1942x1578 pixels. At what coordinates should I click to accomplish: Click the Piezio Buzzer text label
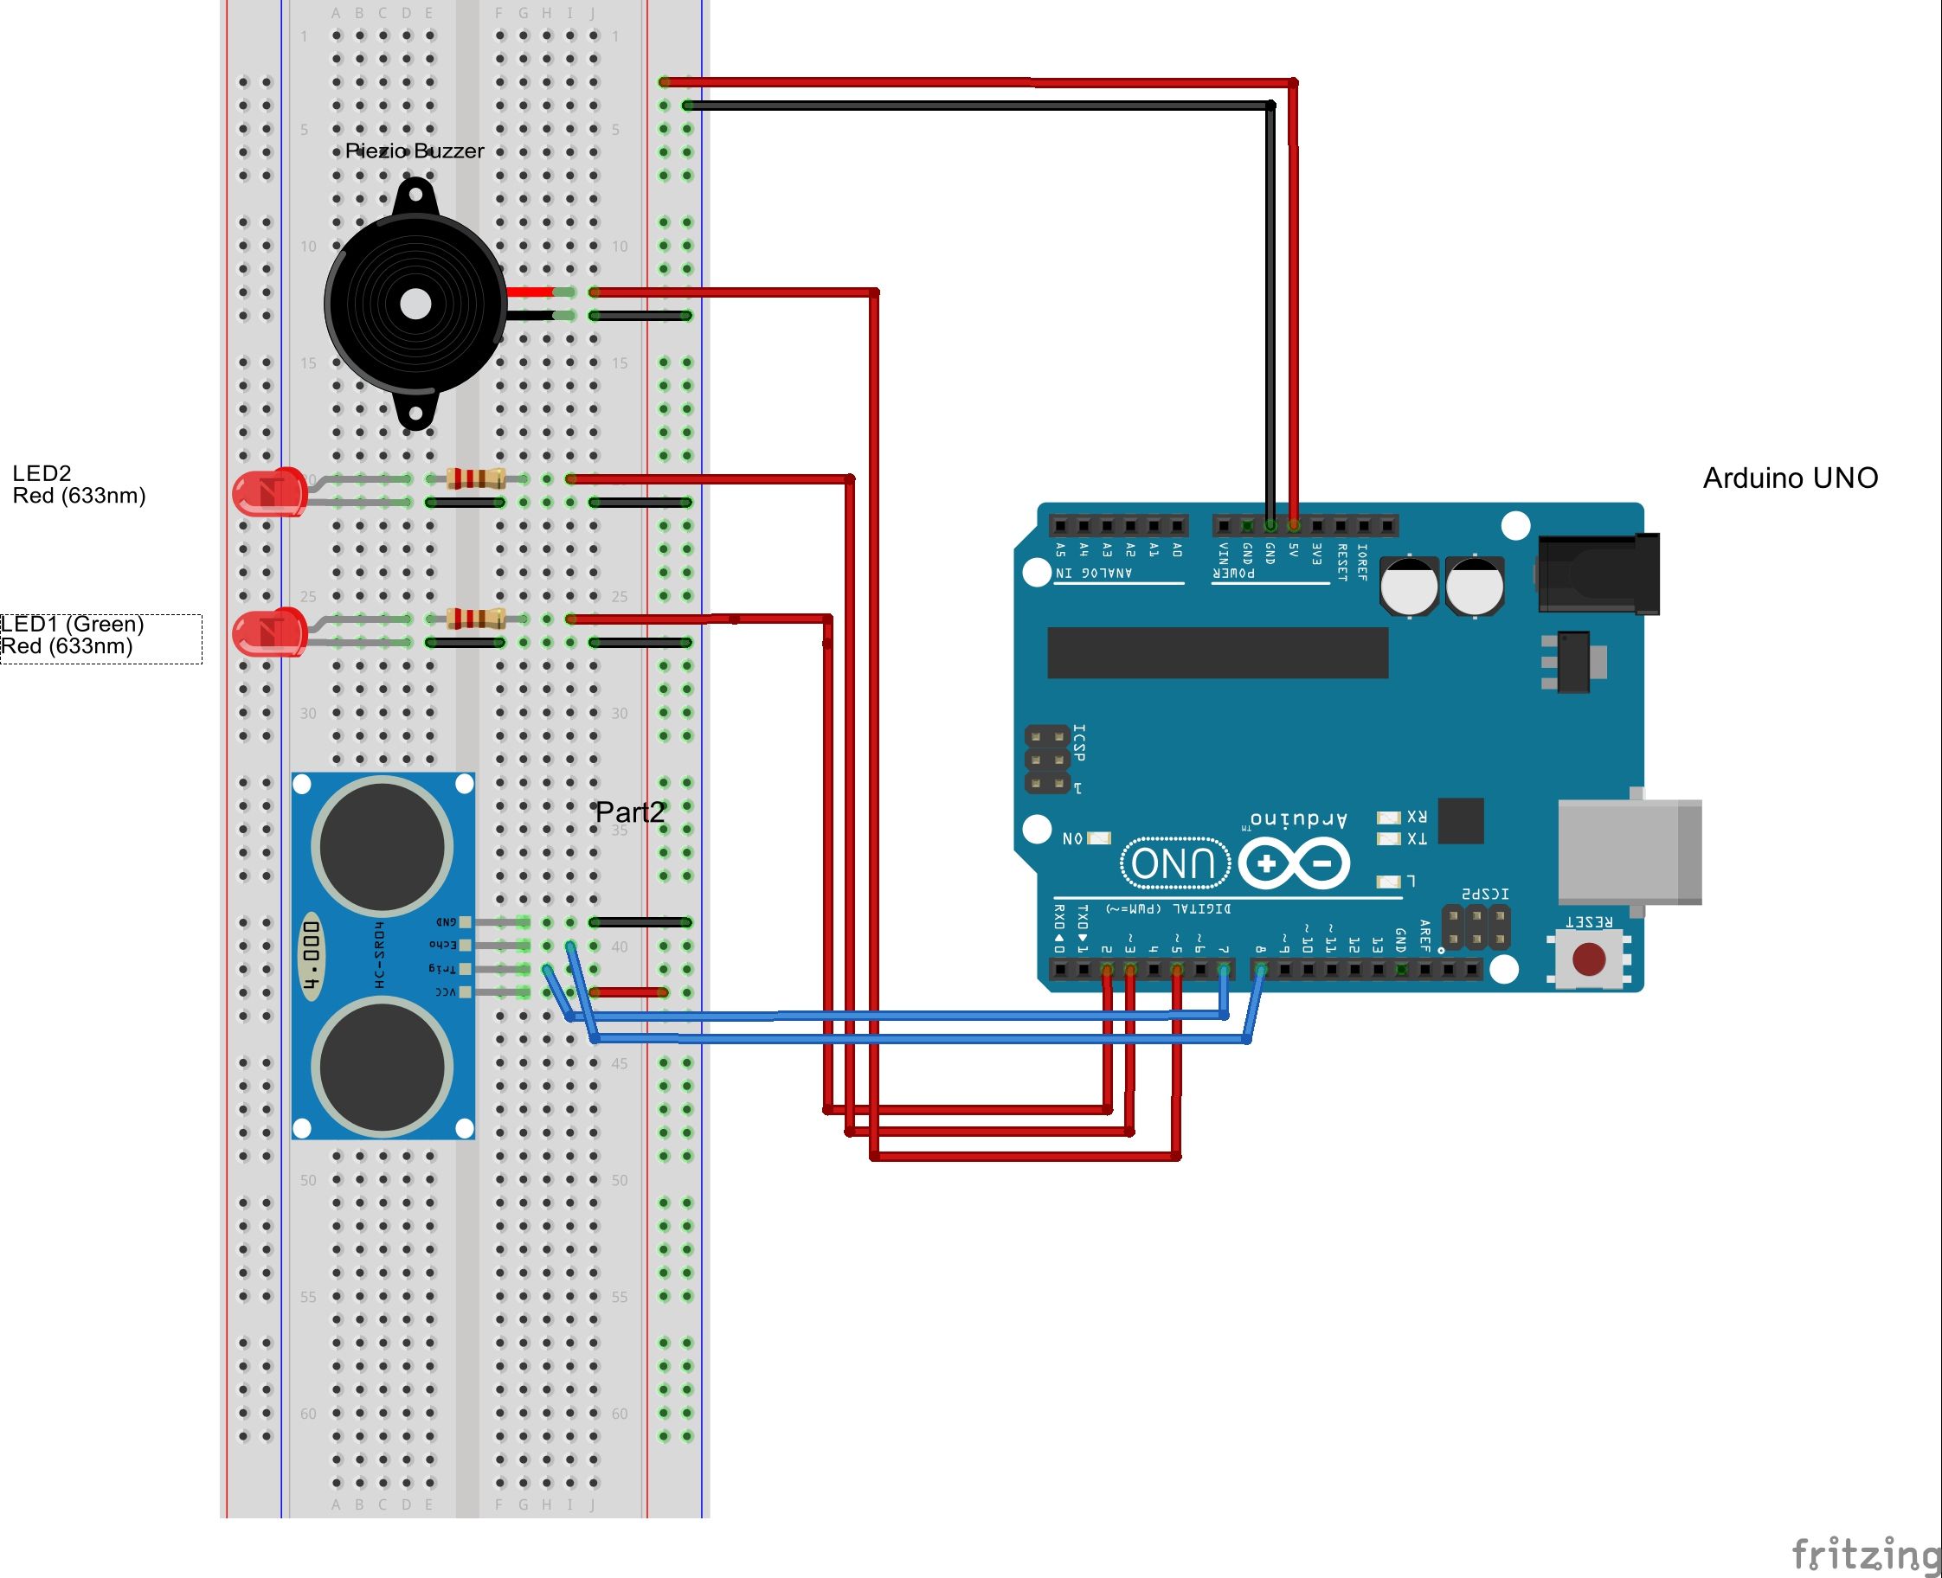[414, 151]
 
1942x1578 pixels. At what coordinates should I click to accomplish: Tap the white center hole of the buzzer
[415, 305]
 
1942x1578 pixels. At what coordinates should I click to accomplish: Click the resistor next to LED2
[475, 478]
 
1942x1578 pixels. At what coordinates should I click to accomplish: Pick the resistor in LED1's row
[475, 619]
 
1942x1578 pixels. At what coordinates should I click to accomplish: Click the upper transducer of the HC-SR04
[383, 847]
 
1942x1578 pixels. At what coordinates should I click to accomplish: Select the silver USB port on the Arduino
[1628, 851]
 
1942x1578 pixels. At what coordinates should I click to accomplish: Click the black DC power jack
[1598, 574]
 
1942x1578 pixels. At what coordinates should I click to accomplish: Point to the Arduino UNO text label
[1790, 478]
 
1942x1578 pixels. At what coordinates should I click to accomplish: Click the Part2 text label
[629, 812]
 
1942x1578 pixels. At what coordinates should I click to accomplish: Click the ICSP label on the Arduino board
[1078, 742]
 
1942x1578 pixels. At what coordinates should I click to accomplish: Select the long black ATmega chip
[1217, 651]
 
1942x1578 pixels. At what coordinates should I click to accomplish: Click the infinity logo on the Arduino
[1294, 863]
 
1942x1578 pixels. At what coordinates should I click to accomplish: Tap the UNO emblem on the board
[1174, 863]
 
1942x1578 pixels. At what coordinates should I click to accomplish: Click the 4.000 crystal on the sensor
[311, 956]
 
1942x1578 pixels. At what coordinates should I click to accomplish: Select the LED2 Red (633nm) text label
[78, 484]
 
